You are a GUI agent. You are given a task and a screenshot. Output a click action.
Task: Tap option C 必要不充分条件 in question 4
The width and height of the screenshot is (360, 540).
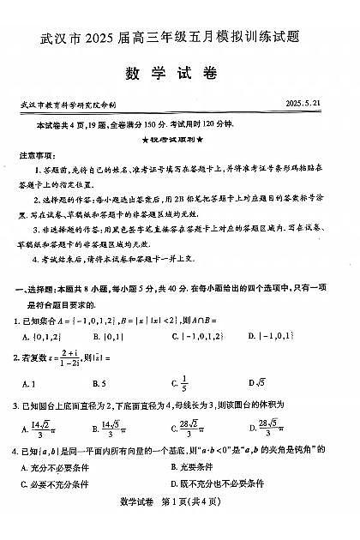[x=54, y=484]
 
